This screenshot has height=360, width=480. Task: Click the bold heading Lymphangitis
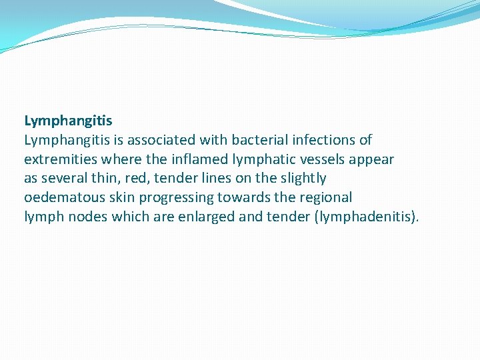[68, 121]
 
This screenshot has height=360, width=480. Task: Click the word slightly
[303, 179]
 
